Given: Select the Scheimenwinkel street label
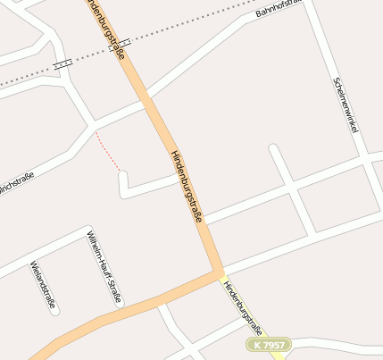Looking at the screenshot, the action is tap(345, 105).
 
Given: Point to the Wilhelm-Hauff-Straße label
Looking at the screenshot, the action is tap(104, 266).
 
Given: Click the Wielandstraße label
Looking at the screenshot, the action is tap(43, 285).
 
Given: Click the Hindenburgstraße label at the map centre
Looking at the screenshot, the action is tap(187, 185).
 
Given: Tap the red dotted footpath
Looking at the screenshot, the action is tap(107, 150).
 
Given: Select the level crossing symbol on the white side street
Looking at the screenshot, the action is tap(62, 64).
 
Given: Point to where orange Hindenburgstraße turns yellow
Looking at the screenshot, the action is tap(221, 272).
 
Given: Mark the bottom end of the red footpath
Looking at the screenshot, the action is tap(119, 169).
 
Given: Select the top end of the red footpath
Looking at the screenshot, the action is tap(96, 131).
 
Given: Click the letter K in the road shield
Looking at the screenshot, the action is tap(257, 344).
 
